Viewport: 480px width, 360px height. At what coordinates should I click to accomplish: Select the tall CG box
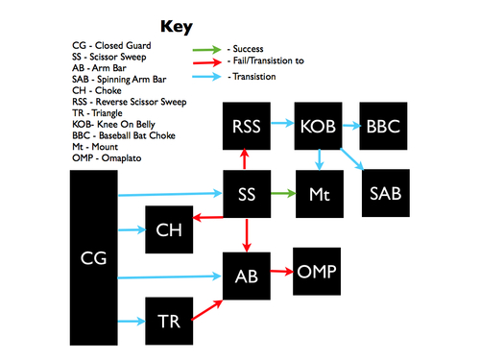[x=94, y=258]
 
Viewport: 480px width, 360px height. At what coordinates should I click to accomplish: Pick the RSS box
[x=247, y=125]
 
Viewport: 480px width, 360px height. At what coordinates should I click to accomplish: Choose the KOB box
[x=318, y=125]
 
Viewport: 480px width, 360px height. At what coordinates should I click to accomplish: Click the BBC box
[x=385, y=125]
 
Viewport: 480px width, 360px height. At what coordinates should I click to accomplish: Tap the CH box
[x=168, y=229]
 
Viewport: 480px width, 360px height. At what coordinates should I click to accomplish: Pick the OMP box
[x=317, y=272]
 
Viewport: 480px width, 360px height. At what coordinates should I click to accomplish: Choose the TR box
[x=168, y=321]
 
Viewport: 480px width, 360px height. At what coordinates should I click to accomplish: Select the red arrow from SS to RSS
[x=247, y=159]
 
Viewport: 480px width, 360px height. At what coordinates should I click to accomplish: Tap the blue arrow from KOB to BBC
[x=351, y=125]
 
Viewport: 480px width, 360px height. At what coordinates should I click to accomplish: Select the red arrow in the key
[x=206, y=60]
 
